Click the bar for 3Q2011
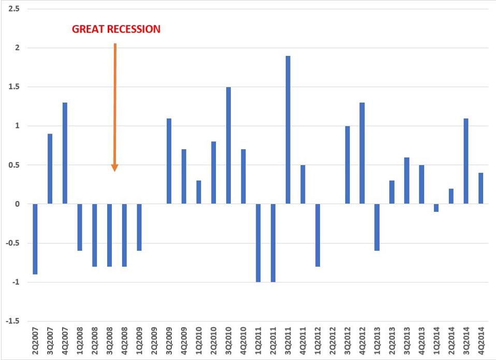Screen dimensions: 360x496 click(x=288, y=129)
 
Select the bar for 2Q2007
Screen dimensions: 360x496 click(x=35, y=239)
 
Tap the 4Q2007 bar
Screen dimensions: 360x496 click(x=65, y=153)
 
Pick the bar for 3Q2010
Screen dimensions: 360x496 click(x=228, y=145)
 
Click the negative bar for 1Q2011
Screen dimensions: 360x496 click(x=258, y=242)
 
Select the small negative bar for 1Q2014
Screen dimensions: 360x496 click(x=436, y=208)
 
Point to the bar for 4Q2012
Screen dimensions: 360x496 click(x=362, y=153)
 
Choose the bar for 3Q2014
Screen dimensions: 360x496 click(x=466, y=161)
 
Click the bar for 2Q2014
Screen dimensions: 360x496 click(x=451, y=196)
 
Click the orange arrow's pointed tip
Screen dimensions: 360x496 click(x=115, y=169)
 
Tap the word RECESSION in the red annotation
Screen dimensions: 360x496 click(x=134, y=29)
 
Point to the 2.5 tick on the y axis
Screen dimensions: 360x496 click(x=14, y=9)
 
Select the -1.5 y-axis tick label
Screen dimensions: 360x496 click(x=13, y=321)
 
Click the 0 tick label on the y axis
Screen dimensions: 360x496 click(x=18, y=204)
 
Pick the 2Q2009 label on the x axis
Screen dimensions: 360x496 click(x=154, y=340)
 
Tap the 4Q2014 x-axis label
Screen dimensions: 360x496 click(x=481, y=340)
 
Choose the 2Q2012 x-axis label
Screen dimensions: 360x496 click(x=332, y=340)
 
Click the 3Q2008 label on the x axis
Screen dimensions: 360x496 click(x=110, y=340)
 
